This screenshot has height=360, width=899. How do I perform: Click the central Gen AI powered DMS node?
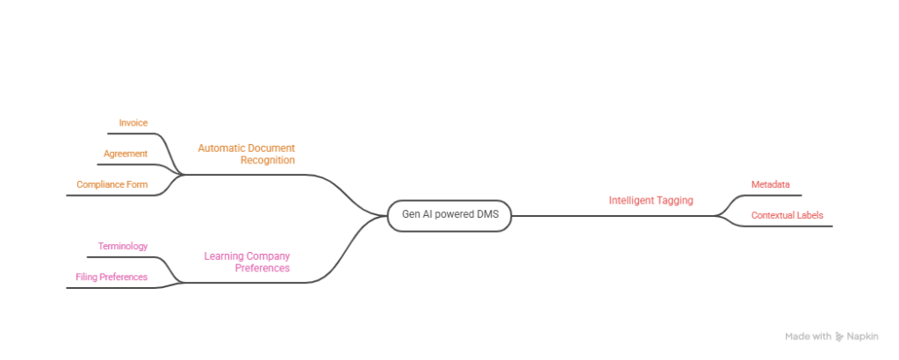click(449, 215)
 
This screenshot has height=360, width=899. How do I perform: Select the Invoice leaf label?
click(133, 122)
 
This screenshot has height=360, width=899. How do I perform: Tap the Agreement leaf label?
click(125, 153)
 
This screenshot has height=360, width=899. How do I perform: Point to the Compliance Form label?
click(111, 184)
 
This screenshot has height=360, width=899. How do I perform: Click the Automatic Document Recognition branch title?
click(246, 154)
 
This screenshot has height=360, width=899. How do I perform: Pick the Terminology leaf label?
click(123, 246)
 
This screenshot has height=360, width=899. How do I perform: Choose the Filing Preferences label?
click(111, 277)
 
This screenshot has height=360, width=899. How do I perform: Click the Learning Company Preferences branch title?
click(247, 261)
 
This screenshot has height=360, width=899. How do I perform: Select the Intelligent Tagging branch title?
click(651, 200)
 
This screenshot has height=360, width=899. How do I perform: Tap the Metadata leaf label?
click(770, 184)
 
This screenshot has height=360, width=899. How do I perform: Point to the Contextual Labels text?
click(787, 214)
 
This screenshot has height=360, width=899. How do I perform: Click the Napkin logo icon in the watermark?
click(839, 336)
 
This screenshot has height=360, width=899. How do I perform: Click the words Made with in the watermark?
click(808, 336)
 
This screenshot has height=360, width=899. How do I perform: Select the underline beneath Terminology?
click(123, 256)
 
